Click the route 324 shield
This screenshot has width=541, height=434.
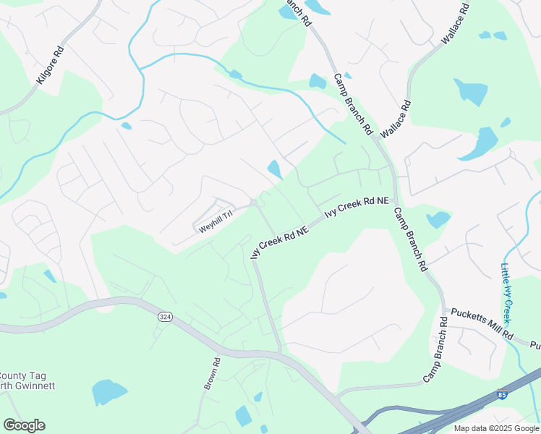point(164,316)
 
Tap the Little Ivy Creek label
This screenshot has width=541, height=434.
point(507,292)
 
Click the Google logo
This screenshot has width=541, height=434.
point(24,425)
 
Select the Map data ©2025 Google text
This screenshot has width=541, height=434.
point(495,428)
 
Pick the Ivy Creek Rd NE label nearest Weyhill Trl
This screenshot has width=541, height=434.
point(280,241)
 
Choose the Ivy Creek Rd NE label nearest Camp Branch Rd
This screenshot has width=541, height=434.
point(357,207)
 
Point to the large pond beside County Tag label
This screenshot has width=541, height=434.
point(109,393)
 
